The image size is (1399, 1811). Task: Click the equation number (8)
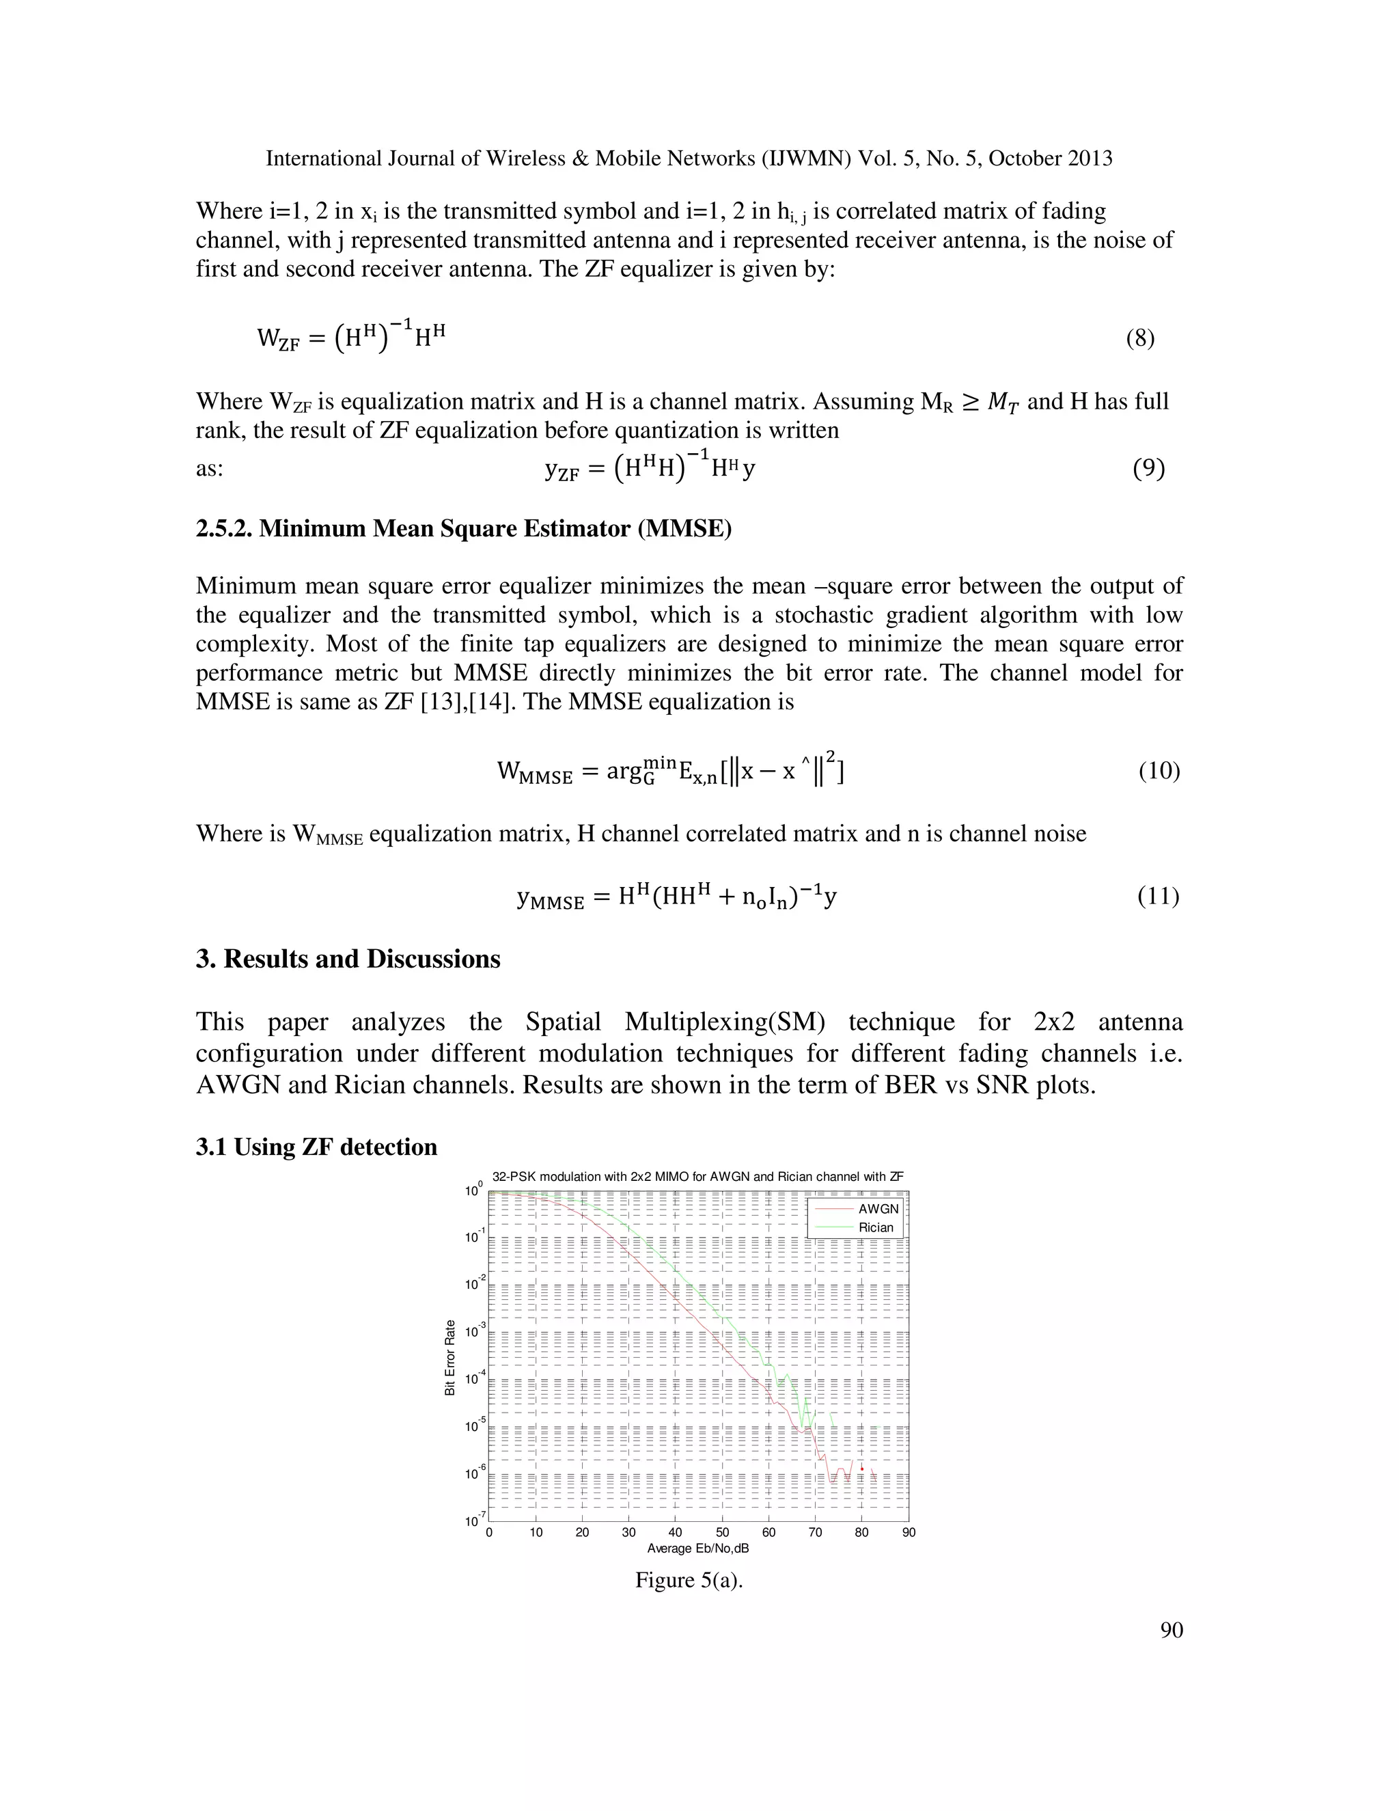(x=1139, y=338)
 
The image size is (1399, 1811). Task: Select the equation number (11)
(x=1158, y=897)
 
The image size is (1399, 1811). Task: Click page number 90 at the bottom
(x=1171, y=1630)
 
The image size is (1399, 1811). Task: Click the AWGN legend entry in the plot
(x=878, y=1209)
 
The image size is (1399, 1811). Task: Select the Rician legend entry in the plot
(x=875, y=1227)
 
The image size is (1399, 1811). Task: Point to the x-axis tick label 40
(x=676, y=1532)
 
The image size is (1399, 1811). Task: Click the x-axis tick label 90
(x=909, y=1532)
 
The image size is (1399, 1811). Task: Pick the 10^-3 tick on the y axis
(x=474, y=1333)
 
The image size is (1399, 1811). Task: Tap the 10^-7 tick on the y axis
(x=474, y=1521)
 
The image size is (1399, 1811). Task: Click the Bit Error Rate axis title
(x=450, y=1357)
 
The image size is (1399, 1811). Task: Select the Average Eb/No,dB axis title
(x=698, y=1548)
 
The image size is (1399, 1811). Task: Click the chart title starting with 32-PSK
(x=698, y=1176)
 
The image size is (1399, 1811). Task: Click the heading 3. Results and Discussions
(x=348, y=959)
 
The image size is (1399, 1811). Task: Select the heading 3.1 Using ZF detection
(x=316, y=1147)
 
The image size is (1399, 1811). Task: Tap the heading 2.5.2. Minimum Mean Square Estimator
(x=463, y=528)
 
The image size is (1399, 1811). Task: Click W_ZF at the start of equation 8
(x=277, y=339)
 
